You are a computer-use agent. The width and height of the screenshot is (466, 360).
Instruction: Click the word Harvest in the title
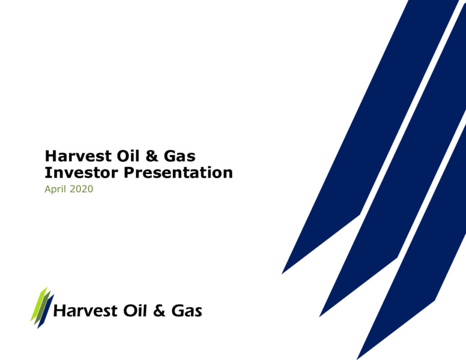pyautogui.click(x=78, y=156)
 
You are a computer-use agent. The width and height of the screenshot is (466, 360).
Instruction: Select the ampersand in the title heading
pyautogui.click(x=152, y=156)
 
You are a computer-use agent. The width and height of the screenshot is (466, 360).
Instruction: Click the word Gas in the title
pyautogui.click(x=180, y=156)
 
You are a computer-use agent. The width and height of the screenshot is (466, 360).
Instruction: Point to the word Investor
pyautogui.click(x=81, y=173)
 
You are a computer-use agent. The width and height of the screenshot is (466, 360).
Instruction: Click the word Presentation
pyautogui.click(x=178, y=173)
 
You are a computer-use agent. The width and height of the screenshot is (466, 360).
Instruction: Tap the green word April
pyautogui.click(x=55, y=189)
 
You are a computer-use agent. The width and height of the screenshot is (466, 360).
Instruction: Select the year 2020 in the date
pyautogui.click(x=82, y=189)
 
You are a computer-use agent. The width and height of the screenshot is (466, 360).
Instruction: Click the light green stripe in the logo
pyautogui.click(x=38, y=304)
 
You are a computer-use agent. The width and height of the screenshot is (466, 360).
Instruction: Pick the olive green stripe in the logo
pyautogui.click(x=42, y=308)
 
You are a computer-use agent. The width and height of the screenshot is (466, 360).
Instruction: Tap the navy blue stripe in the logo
pyautogui.click(x=46, y=311)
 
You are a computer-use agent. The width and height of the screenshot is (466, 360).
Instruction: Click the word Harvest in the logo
pyautogui.click(x=85, y=311)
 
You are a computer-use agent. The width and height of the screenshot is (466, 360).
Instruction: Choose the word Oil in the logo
pyautogui.click(x=135, y=311)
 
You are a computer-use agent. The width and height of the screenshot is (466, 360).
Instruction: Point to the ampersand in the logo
pyautogui.click(x=159, y=311)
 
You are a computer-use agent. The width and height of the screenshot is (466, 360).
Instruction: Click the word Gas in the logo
pyautogui.click(x=187, y=311)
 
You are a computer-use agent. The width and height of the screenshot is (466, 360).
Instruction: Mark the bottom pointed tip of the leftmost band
pyautogui.click(x=282, y=274)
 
